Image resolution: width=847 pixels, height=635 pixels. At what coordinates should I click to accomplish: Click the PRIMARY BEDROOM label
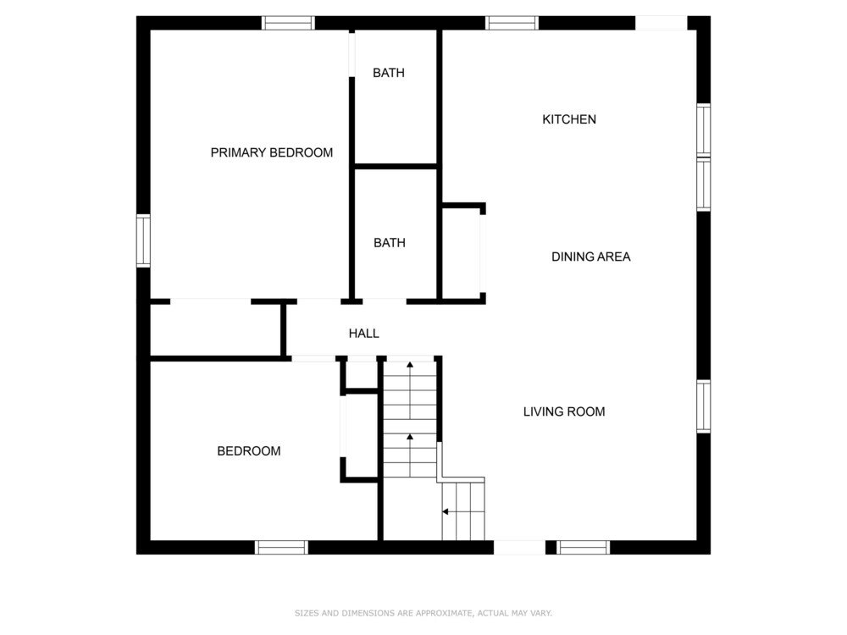(272, 152)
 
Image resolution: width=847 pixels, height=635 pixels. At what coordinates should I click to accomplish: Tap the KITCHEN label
(569, 119)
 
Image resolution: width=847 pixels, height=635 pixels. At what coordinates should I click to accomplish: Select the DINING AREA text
(591, 257)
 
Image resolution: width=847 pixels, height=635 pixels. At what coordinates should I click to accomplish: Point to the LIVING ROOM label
(564, 411)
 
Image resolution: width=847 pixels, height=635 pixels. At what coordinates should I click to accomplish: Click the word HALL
(363, 334)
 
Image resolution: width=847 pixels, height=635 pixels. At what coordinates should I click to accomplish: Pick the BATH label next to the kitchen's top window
(389, 73)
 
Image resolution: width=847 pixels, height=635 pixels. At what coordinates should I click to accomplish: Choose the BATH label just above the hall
(390, 243)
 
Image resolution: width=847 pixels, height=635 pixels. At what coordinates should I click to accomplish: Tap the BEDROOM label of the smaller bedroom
(249, 451)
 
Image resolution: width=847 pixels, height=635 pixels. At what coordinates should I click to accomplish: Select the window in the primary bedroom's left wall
(143, 240)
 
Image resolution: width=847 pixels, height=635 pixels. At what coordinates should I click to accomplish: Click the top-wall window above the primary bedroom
(288, 23)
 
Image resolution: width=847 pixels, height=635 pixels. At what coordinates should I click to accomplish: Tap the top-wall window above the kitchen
(512, 23)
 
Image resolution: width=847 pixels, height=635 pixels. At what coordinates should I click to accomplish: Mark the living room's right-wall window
(703, 406)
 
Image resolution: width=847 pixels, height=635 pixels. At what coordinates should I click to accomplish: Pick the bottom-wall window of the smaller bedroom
(281, 547)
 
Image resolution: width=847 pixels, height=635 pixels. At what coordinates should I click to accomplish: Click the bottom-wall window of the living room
(584, 547)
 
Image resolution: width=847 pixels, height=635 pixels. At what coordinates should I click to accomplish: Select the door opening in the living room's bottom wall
(520, 547)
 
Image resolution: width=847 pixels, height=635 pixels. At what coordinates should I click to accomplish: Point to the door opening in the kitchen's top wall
(662, 23)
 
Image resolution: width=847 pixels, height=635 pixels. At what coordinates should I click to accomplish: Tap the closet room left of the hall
(215, 330)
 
